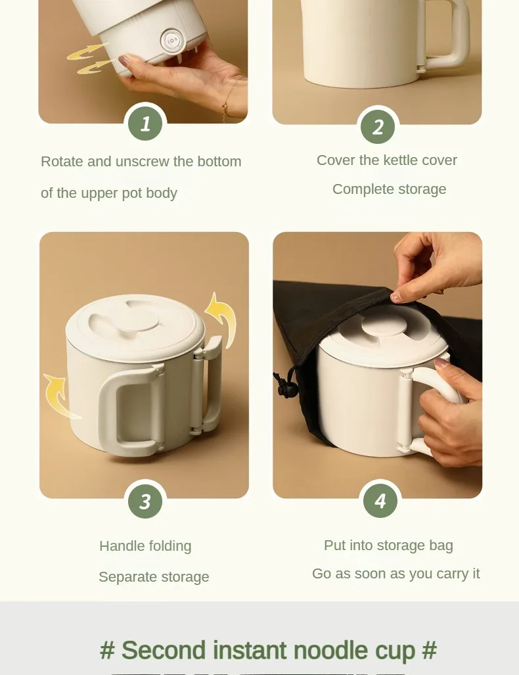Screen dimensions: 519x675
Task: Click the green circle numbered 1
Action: (x=145, y=124)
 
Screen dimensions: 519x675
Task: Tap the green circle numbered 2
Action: (x=377, y=127)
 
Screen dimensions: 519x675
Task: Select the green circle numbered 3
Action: (x=145, y=501)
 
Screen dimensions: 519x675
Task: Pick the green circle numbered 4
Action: (x=380, y=501)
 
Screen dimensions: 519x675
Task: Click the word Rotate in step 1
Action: (x=62, y=162)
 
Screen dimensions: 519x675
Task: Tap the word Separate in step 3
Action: (x=127, y=577)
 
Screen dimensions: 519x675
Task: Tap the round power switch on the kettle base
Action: (x=172, y=41)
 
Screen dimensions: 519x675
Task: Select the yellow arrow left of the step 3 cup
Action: (x=60, y=396)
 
